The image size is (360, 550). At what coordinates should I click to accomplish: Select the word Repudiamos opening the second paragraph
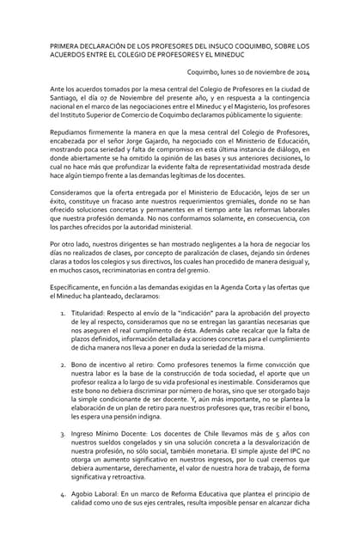tap(74, 131)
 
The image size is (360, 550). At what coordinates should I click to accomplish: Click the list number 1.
tap(64, 311)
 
